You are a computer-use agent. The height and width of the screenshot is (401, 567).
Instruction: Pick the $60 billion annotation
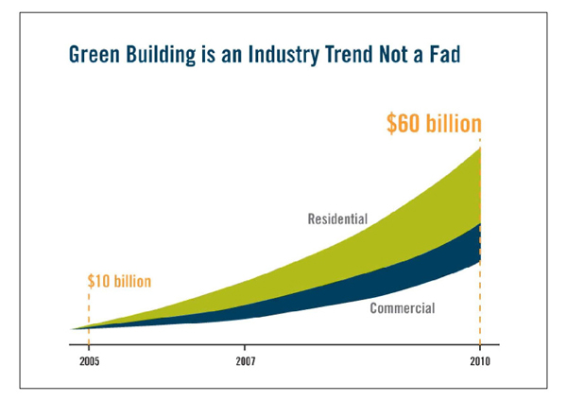click(434, 124)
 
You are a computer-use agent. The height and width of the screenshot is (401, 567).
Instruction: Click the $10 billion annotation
click(119, 281)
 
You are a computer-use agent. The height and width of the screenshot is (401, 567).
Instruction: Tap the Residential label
click(337, 219)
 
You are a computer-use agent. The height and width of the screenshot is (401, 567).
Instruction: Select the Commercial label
click(402, 308)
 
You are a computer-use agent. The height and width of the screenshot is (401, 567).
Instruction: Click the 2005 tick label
click(90, 360)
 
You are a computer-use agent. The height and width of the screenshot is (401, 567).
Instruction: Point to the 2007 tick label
click(246, 360)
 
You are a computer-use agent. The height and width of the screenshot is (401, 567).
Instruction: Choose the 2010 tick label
click(481, 360)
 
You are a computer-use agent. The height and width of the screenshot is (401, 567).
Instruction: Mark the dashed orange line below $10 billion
click(90, 307)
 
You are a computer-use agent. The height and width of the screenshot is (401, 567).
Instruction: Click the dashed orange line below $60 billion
click(481, 303)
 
